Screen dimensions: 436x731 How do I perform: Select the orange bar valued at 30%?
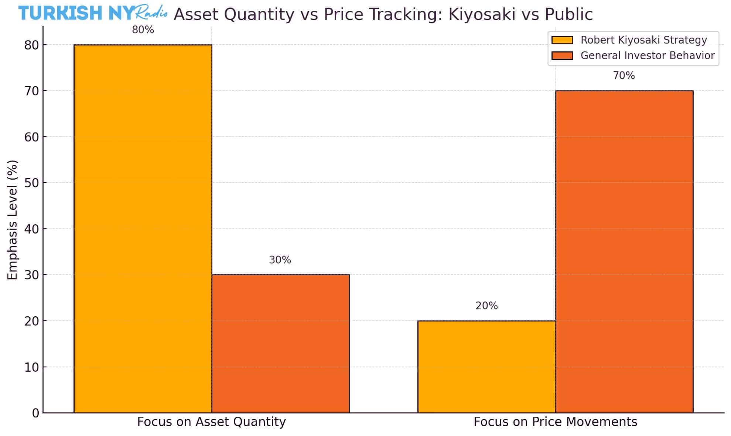[280, 343]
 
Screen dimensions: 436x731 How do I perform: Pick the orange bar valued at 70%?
[624, 251]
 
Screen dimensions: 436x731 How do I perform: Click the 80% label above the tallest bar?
[143, 30]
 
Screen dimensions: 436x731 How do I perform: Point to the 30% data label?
[280, 260]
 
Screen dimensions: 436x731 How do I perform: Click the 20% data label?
[486, 306]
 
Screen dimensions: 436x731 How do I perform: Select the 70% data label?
[624, 76]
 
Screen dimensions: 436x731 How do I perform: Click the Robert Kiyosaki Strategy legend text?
[643, 40]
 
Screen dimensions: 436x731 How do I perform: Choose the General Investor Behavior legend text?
[647, 55]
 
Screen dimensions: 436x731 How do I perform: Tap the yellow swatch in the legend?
[562, 40]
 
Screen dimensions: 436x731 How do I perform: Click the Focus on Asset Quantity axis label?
[211, 422]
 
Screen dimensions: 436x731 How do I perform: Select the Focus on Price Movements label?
[555, 422]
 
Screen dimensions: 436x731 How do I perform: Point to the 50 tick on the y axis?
[31, 183]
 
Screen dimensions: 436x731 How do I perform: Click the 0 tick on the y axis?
[35, 413]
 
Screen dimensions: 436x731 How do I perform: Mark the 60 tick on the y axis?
[31, 137]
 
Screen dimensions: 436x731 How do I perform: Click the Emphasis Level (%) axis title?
[13, 220]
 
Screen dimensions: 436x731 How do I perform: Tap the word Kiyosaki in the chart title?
[482, 14]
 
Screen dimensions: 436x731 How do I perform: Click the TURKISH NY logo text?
[76, 13]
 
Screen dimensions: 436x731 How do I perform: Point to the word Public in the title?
[568, 14]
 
